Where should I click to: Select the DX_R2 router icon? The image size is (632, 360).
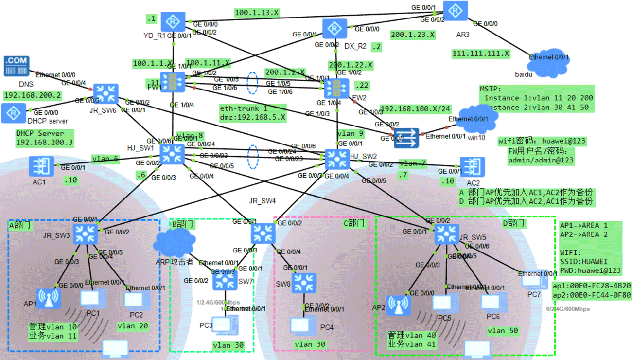(x=335, y=29)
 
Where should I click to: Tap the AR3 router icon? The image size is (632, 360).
(x=456, y=11)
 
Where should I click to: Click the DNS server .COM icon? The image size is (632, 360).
(x=17, y=66)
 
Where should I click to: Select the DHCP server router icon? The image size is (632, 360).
(x=13, y=113)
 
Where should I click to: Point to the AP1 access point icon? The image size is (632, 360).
(x=49, y=299)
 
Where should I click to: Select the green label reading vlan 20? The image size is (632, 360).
(x=133, y=326)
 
